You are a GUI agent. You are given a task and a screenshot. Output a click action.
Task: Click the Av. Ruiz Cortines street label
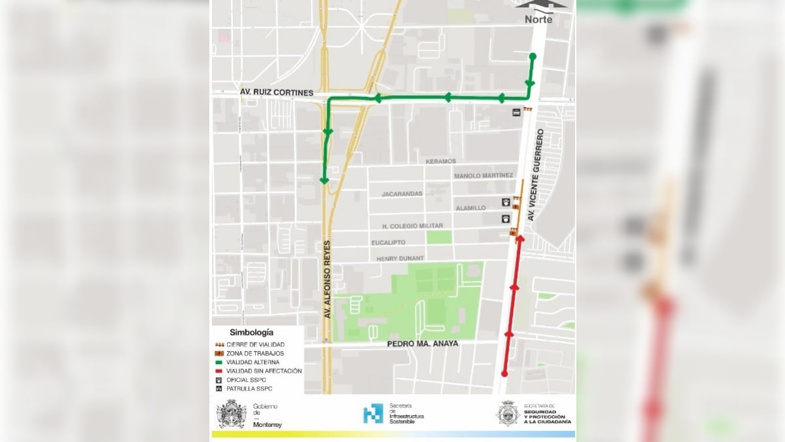pos(277,93)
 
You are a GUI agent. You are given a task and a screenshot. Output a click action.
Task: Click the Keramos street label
pos(440,161)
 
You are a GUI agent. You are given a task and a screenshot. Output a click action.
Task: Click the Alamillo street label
pos(471,208)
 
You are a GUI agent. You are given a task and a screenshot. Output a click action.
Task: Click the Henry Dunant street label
pos(400,258)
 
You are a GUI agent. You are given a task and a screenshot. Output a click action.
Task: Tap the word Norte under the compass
pos(538,19)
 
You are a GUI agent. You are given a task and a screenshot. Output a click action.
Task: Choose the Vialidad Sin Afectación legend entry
pos(264,371)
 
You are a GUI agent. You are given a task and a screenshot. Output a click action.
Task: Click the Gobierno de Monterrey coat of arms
pos(232,414)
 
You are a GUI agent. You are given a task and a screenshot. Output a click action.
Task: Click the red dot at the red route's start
pos(504,373)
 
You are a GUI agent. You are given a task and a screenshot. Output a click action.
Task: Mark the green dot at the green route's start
pos(532,56)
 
